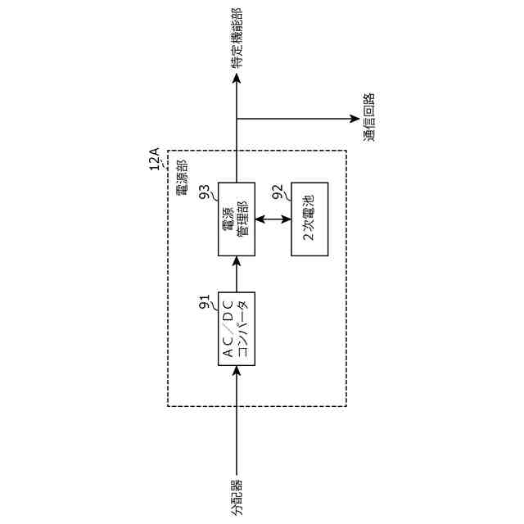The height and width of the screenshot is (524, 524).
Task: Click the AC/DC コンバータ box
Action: click(x=236, y=328)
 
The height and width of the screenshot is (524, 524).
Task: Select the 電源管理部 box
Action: click(x=236, y=219)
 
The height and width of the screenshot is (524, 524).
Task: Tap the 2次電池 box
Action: click(x=309, y=219)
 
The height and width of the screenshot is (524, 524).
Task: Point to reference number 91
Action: click(x=205, y=302)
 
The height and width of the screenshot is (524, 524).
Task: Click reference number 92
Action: click(x=278, y=192)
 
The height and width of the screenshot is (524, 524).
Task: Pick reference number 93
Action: click(x=205, y=192)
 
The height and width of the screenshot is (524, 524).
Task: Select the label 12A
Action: click(x=154, y=158)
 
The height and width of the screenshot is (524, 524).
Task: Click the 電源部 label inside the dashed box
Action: click(x=181, y=178)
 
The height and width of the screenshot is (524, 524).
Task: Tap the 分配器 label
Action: click(x=237, y=497)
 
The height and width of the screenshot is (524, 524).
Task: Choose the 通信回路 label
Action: click(x=369, y=118)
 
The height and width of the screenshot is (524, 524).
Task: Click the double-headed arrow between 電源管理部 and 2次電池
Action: click(x=273, y=219)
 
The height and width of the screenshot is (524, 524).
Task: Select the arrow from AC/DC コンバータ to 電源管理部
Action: click(x=236, y=274)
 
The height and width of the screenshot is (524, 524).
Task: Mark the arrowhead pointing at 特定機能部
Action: click(x=237, y=79)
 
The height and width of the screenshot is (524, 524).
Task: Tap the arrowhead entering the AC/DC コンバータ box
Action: click(x=237, y=369)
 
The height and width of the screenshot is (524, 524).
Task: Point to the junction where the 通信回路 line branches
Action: click(x=237, y=119)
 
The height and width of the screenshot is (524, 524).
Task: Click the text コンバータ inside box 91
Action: click(x=242, y=328)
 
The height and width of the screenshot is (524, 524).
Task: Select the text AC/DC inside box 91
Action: click(x=228, y=328)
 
